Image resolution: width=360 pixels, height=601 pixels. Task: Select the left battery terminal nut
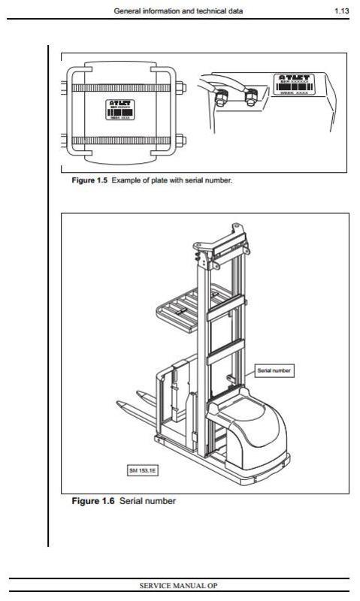click(x=223, y=98)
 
